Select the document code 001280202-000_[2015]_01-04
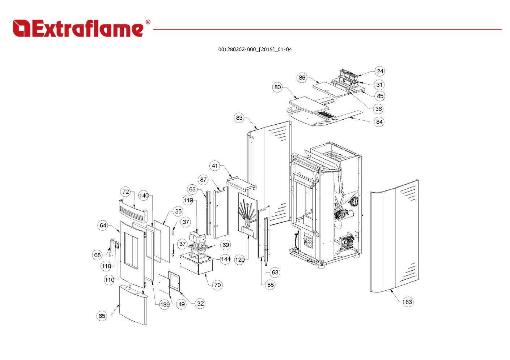point(255,50)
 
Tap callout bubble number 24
point(379,71)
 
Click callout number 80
point(277,87)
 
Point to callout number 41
point(215,166)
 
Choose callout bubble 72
point(126,192)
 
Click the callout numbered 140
point(144,196)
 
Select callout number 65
point(102,316)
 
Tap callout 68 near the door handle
point(97,255)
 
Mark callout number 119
point(188,200)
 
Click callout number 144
point(225,259)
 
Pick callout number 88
point(271,285)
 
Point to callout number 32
point(200,304)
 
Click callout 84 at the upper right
point(379,122)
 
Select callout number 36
point(378,109)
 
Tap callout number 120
point(239,260)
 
